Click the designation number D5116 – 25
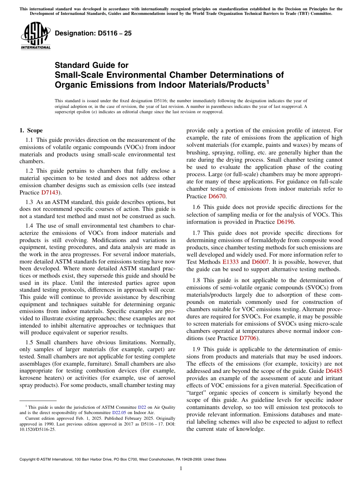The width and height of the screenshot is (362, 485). (93, 34)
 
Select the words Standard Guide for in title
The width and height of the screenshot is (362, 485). (91, 65)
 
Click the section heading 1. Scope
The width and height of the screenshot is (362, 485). (31, 130)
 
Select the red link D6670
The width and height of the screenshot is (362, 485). (217, 196)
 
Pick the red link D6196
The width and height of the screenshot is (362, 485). (285, 222)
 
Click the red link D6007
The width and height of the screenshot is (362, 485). (260, 262)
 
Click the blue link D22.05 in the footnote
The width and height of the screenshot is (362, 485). (119, 413)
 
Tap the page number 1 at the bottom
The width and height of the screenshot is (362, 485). (181, 469)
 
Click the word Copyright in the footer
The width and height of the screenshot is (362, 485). (28, 459)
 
